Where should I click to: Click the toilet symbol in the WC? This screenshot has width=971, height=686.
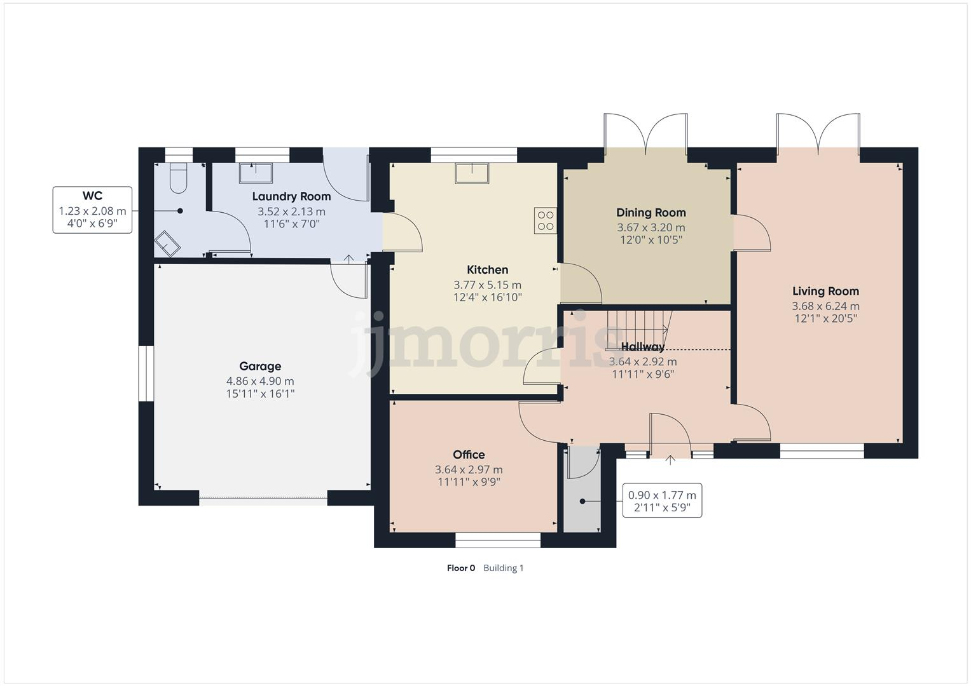tap(179, 178)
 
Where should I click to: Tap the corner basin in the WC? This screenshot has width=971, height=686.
tap(168, 243)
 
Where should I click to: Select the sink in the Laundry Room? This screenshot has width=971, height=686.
tap(256, 172)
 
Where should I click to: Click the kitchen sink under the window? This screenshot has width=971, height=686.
tap(472, 173)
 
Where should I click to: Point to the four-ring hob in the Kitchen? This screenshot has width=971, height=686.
tap(546, 220)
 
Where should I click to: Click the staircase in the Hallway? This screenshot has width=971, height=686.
tap(637, 327)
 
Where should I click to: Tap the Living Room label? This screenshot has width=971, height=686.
tap(825, 292)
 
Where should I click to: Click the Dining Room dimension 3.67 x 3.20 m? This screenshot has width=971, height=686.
tap(651, 227)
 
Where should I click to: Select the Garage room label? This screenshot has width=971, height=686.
tap(260, 367)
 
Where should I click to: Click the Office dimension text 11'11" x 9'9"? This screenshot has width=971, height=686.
tap(469, 482)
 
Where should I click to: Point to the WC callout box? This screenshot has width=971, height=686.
tap(92, 210)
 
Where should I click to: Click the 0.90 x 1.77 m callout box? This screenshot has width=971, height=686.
tap(662, 501)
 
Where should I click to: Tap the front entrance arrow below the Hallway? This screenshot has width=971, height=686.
tap(670, 460)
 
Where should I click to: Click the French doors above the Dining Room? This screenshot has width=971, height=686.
tap(645, 134)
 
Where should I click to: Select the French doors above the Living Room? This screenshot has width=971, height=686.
tap(818, 134)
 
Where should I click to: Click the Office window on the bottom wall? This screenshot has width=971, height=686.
tap(498, 540)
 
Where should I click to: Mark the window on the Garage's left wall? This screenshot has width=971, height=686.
tap(146, 373)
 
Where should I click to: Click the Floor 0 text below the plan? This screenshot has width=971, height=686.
tap(460, 568)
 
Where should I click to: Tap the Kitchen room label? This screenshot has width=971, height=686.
tap(487, 270)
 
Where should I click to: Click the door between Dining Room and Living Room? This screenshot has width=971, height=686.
tap(752, 233)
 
